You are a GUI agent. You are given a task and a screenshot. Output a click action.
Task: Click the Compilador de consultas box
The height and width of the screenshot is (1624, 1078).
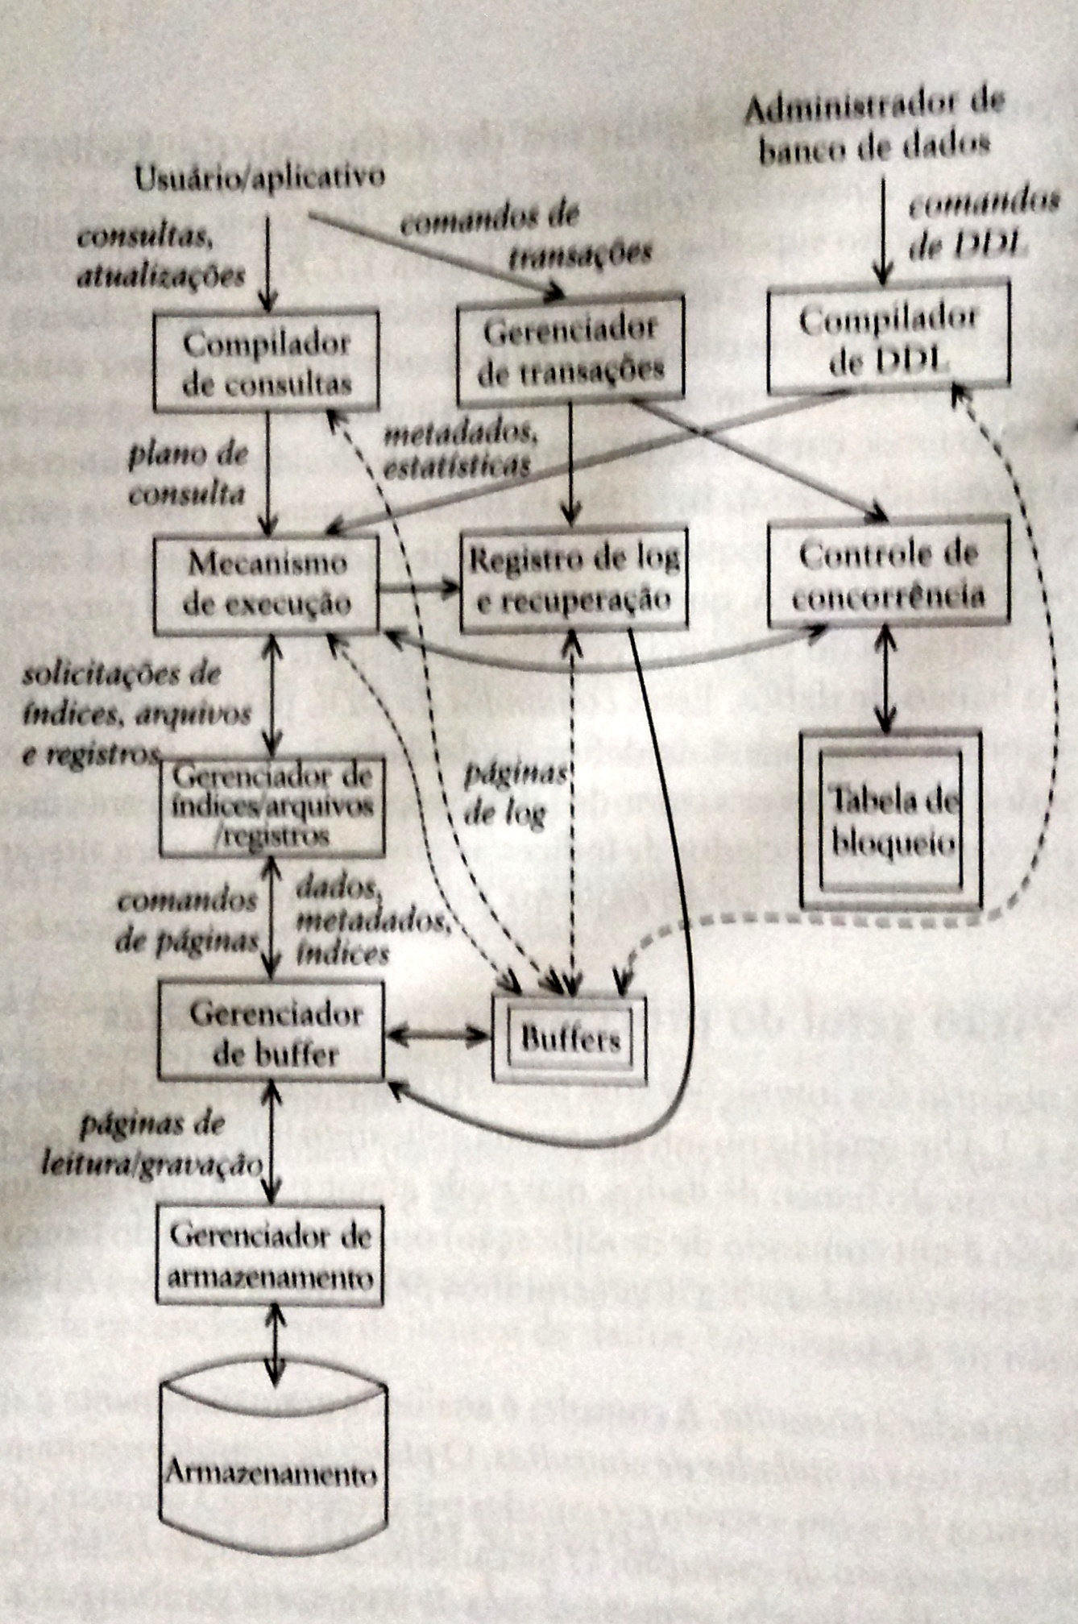point(267,360)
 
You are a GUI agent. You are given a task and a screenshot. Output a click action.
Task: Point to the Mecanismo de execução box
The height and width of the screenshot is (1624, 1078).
point(267,583)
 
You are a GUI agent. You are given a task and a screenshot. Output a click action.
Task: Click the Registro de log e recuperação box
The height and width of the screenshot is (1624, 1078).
point(574,578)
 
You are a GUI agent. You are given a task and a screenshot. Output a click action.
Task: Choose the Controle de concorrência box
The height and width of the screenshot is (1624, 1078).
point(888,574)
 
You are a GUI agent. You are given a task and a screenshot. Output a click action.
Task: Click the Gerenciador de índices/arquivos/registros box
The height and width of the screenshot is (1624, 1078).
point(272,806)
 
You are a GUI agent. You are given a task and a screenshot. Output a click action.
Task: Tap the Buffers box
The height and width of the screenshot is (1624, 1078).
point(570,1039)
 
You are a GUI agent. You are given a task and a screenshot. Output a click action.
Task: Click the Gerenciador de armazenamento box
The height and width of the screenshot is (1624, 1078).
point(270,1257)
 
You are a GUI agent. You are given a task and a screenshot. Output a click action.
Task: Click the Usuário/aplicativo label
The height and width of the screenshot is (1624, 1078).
point(259,176)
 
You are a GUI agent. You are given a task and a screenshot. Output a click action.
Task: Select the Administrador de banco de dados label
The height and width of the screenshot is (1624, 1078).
point(873,125)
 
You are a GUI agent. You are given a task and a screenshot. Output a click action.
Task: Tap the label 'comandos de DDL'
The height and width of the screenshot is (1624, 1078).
point(982,226)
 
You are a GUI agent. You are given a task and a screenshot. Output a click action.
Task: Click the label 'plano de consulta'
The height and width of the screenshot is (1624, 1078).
point(188,473)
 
